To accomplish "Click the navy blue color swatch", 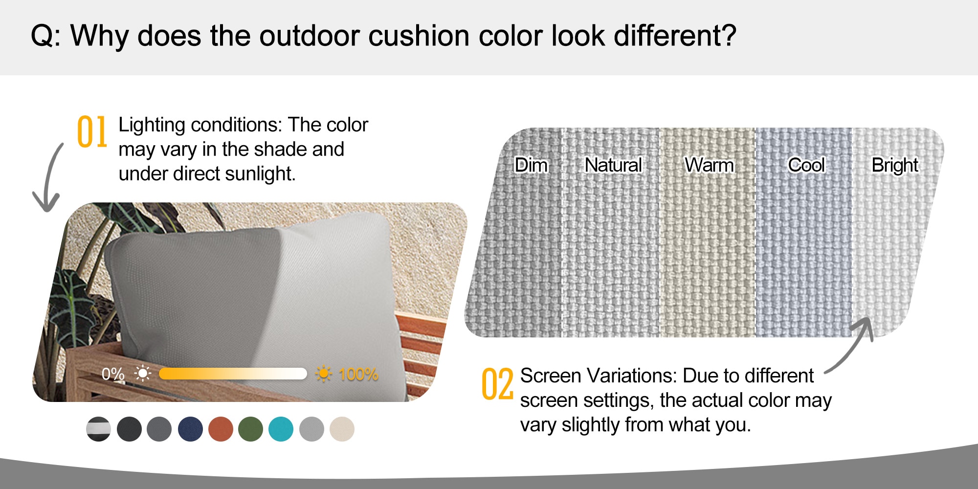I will [190, 429].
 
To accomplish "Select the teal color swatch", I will [281, 429].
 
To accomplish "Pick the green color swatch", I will [250, 429].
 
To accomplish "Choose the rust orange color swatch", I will [221, 429].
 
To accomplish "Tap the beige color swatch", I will [342, 429].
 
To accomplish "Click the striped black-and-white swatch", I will [99, 429].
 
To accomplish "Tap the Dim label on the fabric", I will [531, 165].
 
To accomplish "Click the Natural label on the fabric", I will [613, 165].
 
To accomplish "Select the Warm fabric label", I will [709, 165].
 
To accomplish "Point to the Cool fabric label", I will [806, 165].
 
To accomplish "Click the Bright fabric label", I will [895, 165].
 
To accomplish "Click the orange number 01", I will [92, 132].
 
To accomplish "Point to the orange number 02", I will [497, 384].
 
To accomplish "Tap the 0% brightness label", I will [113, 374].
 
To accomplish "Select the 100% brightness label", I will [358, 375].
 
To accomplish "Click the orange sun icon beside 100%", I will [323, 374].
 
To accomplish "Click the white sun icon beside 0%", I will [142, 374].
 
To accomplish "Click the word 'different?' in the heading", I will [675, 36].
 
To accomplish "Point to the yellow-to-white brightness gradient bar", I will [233, 374].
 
